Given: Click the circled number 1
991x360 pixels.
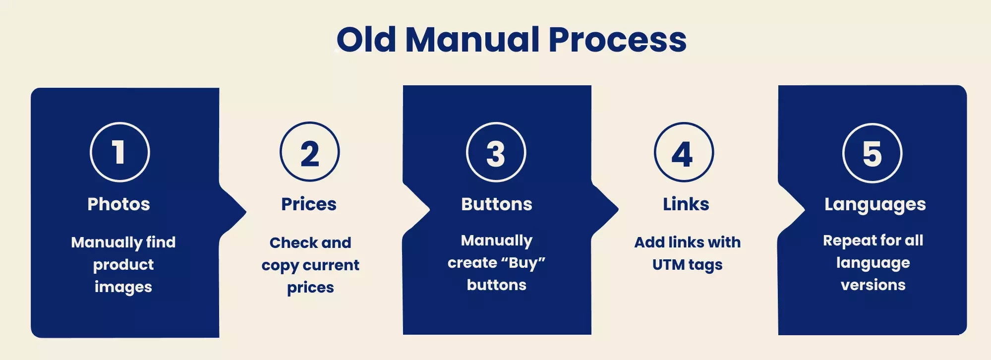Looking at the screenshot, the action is point(120,152).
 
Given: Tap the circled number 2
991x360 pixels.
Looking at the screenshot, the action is point(310,152).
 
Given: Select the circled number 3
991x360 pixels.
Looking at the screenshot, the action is point(496,152).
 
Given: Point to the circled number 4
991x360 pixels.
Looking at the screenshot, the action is point(684,152).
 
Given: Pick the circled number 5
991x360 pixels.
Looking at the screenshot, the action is point(873,153).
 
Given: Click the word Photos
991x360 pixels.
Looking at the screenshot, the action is point(118,204).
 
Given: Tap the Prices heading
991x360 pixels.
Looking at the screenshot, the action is point(309,204).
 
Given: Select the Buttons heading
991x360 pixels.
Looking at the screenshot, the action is point(497,204).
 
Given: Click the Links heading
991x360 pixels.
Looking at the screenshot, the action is point(686,204).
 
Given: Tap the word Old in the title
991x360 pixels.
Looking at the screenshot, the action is point(366,39).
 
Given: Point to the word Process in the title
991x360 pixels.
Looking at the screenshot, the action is point(618,39).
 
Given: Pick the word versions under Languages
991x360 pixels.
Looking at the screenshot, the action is point(873,285).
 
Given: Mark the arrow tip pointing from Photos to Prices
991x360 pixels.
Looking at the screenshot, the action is point(246,212).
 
